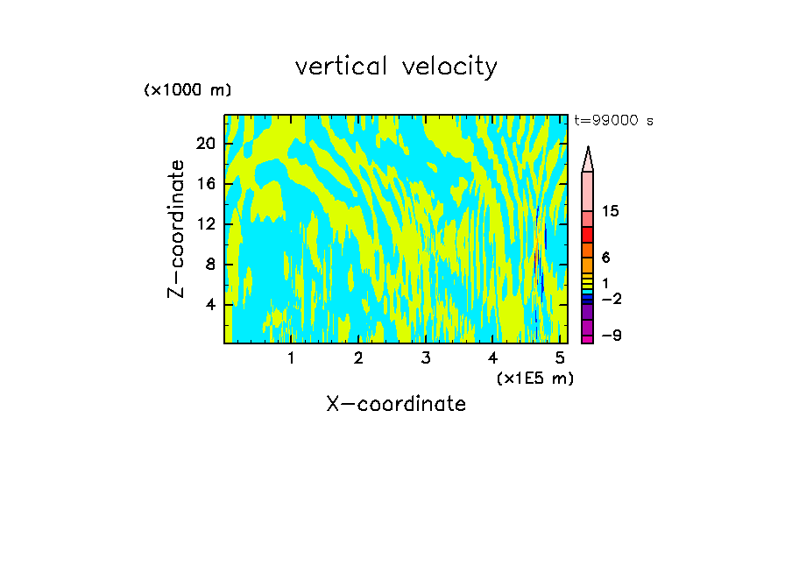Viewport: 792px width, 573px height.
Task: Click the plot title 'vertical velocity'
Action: (x=396, y=67)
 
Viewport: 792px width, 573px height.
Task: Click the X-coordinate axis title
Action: (x=396, y=404)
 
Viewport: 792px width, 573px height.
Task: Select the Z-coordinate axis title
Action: (x=177, y=229)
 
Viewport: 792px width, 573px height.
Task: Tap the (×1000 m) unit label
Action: (x=187, y=90)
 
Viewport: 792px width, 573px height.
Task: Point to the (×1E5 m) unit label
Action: (x=534, y=378)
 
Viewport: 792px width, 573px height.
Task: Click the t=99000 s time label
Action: (x=613, y=121)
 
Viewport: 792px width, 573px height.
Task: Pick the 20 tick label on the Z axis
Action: (x=205, y=145)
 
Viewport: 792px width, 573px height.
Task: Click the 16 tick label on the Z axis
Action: (x=205, y=184)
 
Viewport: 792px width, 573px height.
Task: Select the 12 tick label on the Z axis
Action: (x=205, y=224)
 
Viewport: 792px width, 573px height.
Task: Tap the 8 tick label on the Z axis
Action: (x=210, y=265)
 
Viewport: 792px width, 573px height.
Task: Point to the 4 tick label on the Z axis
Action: (x=210, y=305)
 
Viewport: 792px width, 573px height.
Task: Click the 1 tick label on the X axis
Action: (x=291, y=357)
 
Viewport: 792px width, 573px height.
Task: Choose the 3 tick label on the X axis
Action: (x=425, y=357)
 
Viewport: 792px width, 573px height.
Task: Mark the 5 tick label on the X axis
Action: (x=560, y=357)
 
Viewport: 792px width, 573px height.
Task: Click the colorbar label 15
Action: (x=612, y=211)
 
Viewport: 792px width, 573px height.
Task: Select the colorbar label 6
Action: (x=605, y=258)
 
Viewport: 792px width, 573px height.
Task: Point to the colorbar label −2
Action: (x=612, y=299)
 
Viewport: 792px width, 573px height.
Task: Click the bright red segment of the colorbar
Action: (x=587, y=235)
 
